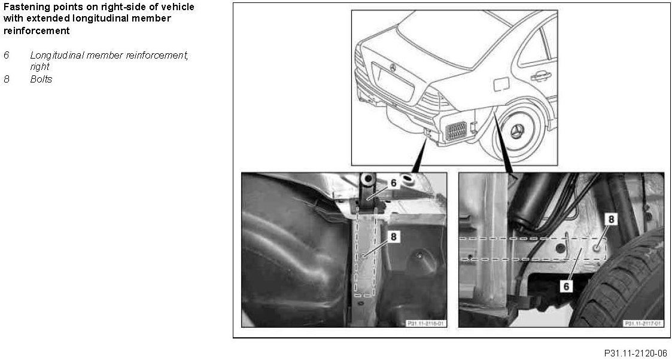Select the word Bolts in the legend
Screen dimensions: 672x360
pos(41,79)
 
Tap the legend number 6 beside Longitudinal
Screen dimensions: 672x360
pos(7,55)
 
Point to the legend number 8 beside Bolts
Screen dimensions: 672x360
pos(7,79)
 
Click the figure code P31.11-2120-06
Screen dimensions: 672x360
pos(635,353)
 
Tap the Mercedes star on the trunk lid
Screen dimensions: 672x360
pos(392,68)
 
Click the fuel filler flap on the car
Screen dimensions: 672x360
pos(500,84)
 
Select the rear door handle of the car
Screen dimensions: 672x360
pos(541,77)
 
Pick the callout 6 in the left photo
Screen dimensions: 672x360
pos(393,183)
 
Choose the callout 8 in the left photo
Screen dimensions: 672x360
pos(393,236)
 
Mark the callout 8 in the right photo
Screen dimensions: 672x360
pos(611,219)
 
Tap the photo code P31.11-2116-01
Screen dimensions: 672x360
pos(425,323)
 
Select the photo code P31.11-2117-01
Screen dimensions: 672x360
pos(643,323)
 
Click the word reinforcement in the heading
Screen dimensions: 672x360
pos(37,31)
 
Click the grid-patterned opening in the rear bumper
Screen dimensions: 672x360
pos(456,131)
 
